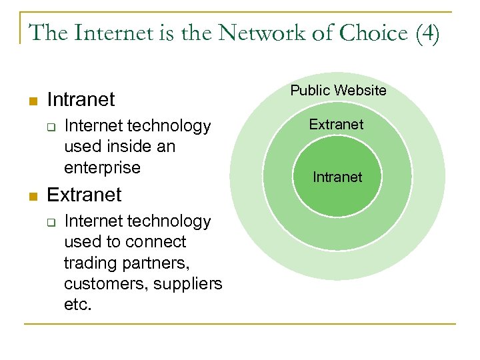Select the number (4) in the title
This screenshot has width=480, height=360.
pyautogui.click(x=427, y=33)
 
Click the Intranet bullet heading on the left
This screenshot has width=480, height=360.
pyautogui.click(x=81, y=100)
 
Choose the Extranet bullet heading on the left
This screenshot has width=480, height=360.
pyautogui.click(x=85, y=195)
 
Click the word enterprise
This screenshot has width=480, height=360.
pyautogui.click(x=103, y=167)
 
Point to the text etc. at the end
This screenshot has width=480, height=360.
pyautogui.click(x=78, y=304)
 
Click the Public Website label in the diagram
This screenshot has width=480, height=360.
pyautogui.click(x=338, y=91)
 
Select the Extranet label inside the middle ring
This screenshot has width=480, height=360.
pyautogui.click(x=337, y=125)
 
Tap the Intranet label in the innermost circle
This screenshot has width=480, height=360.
pyautogui.click(x=337, y=177)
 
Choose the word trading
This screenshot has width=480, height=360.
pyautogui.click(x=91, y=263)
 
